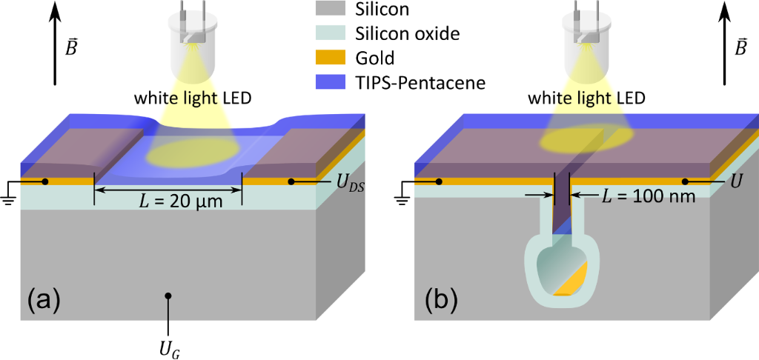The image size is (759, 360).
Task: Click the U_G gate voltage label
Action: point(169,344)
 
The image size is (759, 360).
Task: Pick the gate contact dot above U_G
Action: point(169,296)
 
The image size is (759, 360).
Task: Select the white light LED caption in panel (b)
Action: point(588,98)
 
